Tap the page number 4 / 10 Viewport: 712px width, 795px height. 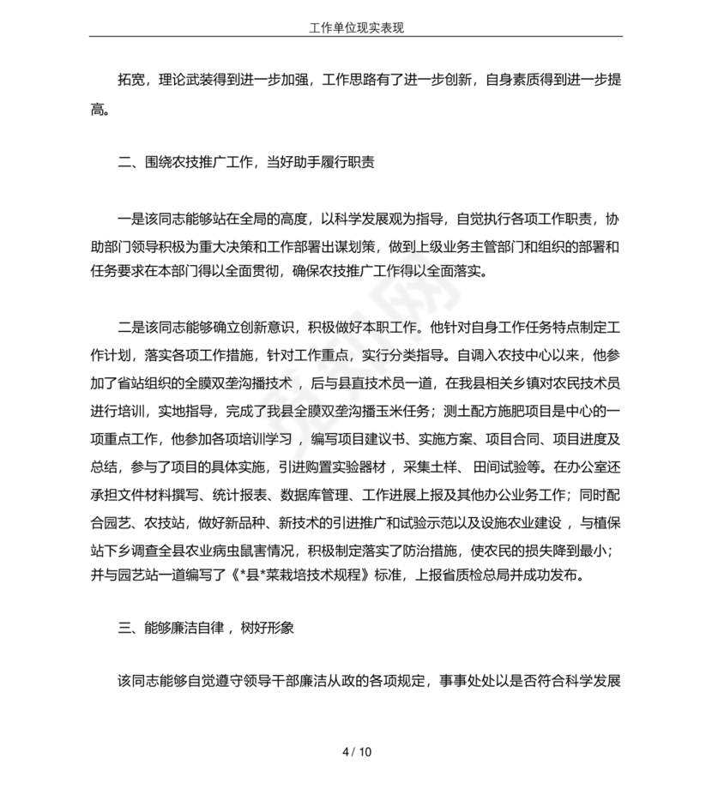pos(356,753)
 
